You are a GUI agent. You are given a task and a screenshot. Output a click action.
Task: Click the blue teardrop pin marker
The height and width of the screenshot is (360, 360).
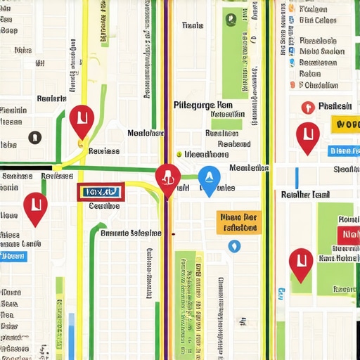tap(208, 179)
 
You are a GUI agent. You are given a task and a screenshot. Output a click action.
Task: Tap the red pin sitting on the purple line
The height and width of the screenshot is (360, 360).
tap(167, 179)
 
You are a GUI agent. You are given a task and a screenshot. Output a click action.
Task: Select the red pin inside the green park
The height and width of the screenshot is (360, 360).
tap(301, 263)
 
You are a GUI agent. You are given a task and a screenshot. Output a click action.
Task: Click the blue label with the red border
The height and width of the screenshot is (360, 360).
tap(101, 191)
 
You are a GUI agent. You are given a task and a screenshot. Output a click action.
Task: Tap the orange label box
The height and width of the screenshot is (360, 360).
tap(239, 222)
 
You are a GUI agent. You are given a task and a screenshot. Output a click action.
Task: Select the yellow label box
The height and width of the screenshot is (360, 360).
tap(345, 124)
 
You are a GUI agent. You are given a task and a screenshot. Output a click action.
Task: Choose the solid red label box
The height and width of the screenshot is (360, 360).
tap(348, 236)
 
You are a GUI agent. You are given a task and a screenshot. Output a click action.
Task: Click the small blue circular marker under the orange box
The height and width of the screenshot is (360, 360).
tap(234, 246)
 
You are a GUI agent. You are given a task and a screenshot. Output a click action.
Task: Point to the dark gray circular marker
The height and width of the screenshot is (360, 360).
tap(33, 137)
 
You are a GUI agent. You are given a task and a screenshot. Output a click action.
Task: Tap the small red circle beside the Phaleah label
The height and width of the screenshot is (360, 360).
tap(306, 108)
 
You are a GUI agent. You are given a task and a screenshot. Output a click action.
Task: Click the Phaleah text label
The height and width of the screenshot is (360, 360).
tap(335, 106)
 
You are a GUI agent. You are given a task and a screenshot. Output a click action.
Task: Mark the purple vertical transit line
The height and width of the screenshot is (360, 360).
tap(165, 70)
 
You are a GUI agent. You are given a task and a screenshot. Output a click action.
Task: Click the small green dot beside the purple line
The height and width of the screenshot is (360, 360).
tap(179, 153)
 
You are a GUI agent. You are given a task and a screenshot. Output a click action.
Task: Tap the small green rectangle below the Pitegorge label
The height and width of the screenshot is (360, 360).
tap(226, 124)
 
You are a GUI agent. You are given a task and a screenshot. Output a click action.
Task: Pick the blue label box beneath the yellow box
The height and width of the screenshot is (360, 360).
tap(344, 150)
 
